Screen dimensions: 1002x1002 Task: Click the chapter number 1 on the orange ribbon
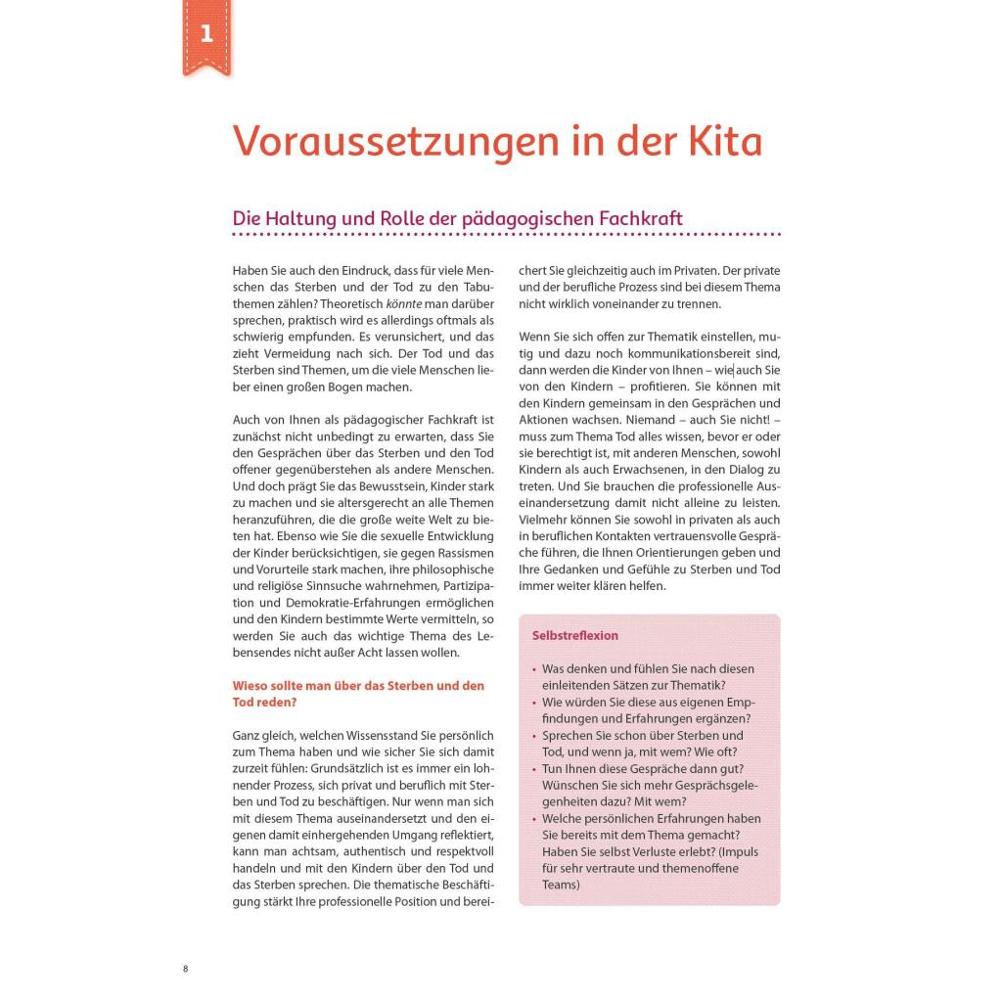[x=206, y=34]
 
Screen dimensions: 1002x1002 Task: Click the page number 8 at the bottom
[x=186, y=969]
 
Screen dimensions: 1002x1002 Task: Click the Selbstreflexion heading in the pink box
[x=575, y=635]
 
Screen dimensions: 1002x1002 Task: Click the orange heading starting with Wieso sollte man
[x=358, y=685]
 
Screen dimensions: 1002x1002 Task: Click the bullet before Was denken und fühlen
[x=534, y=669]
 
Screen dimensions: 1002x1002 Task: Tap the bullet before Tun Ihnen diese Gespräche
[x=534, y=769]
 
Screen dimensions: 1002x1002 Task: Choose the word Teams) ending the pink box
[x=562, y=885]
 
